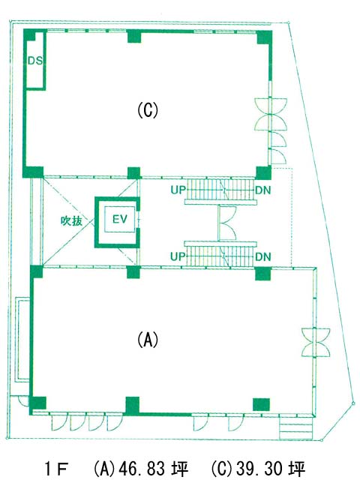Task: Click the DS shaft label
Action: [35, 61]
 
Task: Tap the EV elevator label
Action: [120, 219]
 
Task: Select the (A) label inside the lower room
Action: [148, 339]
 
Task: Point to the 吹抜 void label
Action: [71, 220]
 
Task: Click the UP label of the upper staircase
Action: [178, 190]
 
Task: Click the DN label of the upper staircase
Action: [263, 190]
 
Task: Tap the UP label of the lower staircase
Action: [178, 256]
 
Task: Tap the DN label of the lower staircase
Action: [263, 256]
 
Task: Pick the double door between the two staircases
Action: [226, 223]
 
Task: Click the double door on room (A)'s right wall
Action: [316, 342]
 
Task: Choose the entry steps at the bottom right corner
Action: [295, 427]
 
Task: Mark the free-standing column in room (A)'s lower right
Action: [261, 404]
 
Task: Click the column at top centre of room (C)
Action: [133, 36]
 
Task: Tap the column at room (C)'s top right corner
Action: [264, 37]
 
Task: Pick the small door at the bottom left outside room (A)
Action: [23, 400]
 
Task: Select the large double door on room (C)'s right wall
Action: [271, 115]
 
